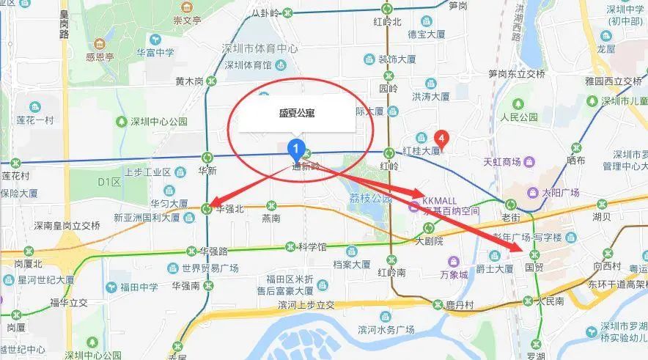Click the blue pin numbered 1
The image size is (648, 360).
point(295,148)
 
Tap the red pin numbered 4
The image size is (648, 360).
point(441,137)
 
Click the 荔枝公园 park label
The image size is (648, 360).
point(368,198)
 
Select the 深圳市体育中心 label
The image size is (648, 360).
point(259,48)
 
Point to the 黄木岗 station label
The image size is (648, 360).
point(189,81)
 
